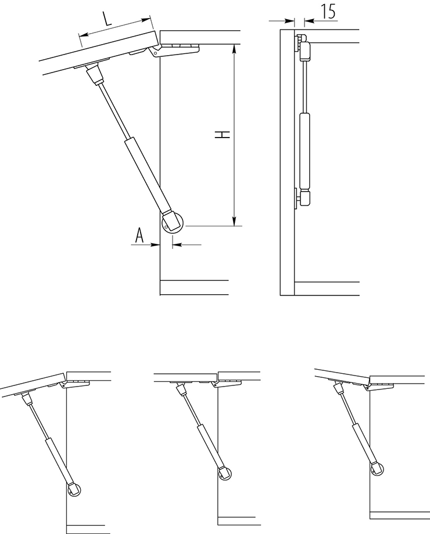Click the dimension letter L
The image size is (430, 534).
(x=107, y=19)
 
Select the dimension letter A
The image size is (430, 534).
(x=139, y=235)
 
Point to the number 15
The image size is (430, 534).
(x=328, y=11)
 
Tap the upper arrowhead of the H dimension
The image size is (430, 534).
(x=234, y=49)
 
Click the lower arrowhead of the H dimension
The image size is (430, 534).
(x=234, y=221)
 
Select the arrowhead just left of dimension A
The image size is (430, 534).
(x=156, y=244)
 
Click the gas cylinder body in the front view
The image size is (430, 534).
(x=304, y=150)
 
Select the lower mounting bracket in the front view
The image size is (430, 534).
(x=303, y=198)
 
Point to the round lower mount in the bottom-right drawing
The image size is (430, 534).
(x=378, y=470)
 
